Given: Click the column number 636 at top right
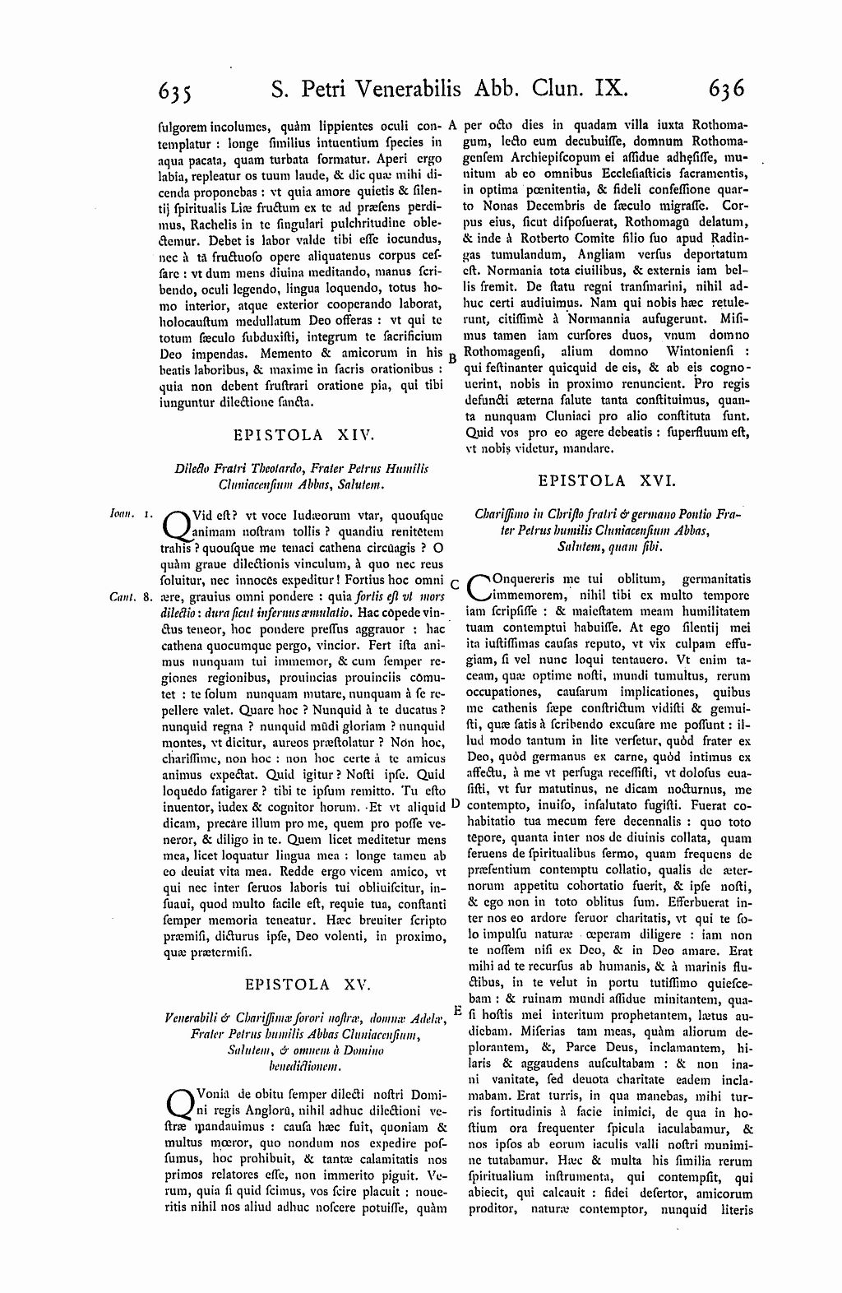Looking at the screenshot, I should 722,87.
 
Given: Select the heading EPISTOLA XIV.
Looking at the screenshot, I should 304,433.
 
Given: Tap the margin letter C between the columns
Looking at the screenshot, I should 453,583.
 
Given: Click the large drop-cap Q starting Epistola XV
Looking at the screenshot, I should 178,1103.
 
